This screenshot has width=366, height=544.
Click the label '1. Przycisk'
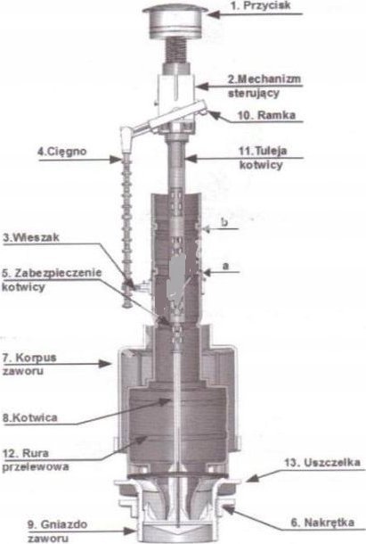[261, 5]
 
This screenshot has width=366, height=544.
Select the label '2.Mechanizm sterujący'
[264, 86]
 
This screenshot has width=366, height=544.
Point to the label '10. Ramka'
[266, 115]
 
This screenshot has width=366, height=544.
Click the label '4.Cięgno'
[62, 152]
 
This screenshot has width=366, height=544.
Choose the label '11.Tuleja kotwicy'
[263, 158]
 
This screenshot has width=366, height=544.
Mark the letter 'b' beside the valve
[224, 222]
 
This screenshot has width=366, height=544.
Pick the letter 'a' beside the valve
[225, 266]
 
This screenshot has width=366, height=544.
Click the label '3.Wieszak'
[31, 237]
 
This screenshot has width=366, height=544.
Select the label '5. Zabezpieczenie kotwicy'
[52, 280]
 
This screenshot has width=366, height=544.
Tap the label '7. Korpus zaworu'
[29, 364]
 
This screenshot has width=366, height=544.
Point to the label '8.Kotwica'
[29, 417]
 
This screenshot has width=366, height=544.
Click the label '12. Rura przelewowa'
[36, 459]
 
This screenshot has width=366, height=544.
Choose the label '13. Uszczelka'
[322, 463]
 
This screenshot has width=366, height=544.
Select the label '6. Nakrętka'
[322, 522]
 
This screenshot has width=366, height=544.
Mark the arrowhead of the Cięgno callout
[115, 160]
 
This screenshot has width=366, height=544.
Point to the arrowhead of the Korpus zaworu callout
[105, 364]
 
